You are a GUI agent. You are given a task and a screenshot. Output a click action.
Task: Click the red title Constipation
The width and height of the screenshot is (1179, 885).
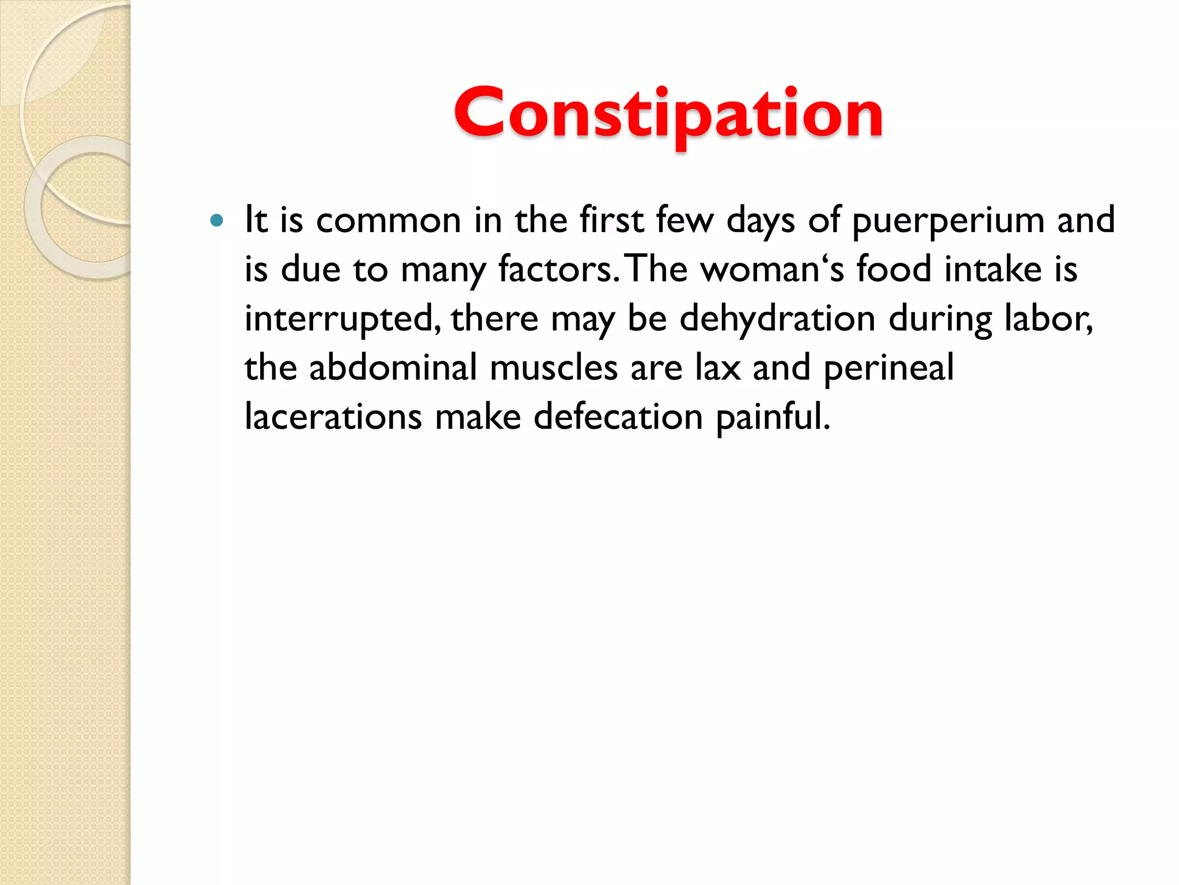point(668,114)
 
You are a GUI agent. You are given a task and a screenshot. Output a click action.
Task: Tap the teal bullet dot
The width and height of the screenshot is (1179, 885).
point(216,220)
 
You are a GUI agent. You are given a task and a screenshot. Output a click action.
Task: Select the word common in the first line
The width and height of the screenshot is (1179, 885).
point(389,220)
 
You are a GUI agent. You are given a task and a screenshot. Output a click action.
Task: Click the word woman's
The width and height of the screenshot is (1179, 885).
point(771,269)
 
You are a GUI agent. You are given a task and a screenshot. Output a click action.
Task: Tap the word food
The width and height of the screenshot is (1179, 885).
point(893,269)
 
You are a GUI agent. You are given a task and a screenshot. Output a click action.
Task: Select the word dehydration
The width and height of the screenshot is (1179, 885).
point(777,319)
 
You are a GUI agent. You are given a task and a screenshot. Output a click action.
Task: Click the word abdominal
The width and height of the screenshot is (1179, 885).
point(393,368)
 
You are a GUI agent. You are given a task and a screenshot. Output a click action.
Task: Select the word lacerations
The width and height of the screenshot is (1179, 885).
point(333,417)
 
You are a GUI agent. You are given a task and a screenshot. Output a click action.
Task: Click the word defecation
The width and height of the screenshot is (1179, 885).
point(618,417)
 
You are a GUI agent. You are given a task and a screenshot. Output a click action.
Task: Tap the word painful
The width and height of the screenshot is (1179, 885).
point(773,418)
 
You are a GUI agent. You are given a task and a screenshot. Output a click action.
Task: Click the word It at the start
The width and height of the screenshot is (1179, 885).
point(256,220)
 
